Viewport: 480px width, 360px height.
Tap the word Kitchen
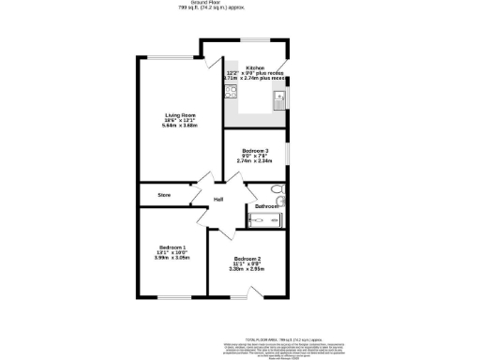(x=255, y=68)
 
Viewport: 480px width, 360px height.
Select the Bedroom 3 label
(x=255, y=151)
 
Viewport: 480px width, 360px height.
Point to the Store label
(x=163, y=195)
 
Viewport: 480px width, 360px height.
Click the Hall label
(x=217, y=200)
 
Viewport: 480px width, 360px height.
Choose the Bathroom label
(x=267, y=205)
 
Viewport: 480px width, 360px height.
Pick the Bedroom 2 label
(x=247, y=259)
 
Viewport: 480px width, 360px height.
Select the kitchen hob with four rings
(x=231, y=90)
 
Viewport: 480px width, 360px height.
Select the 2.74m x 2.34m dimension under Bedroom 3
(x=255, y=161)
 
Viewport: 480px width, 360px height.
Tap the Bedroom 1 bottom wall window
(x=172, y=297)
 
